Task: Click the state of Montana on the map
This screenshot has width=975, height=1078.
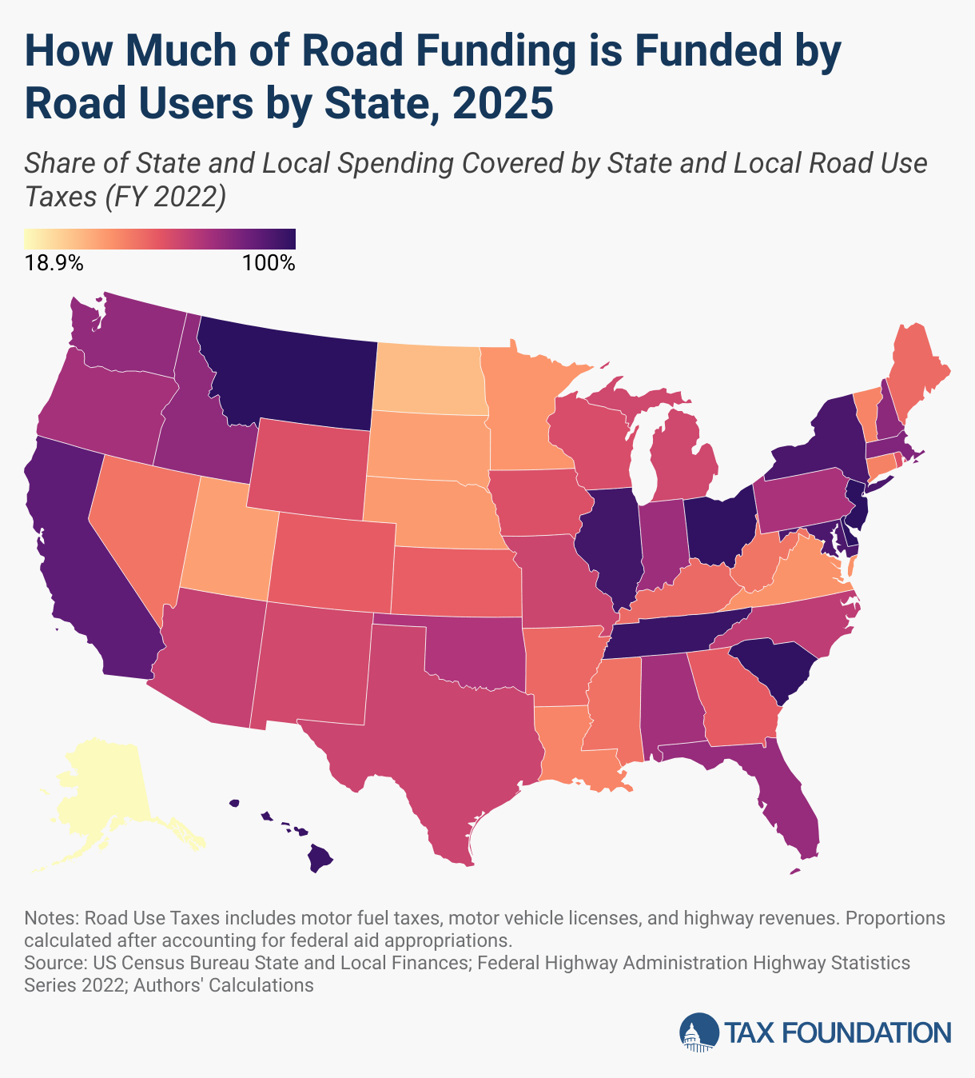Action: (288, 368)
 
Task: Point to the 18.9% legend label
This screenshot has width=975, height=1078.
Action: (54, 263)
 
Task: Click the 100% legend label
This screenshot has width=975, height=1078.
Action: (269, 263)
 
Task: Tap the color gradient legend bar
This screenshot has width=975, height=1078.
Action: (160, 238)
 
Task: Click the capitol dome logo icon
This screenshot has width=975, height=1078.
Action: (698, 1032)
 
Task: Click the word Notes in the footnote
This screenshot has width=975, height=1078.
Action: (50, 918)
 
